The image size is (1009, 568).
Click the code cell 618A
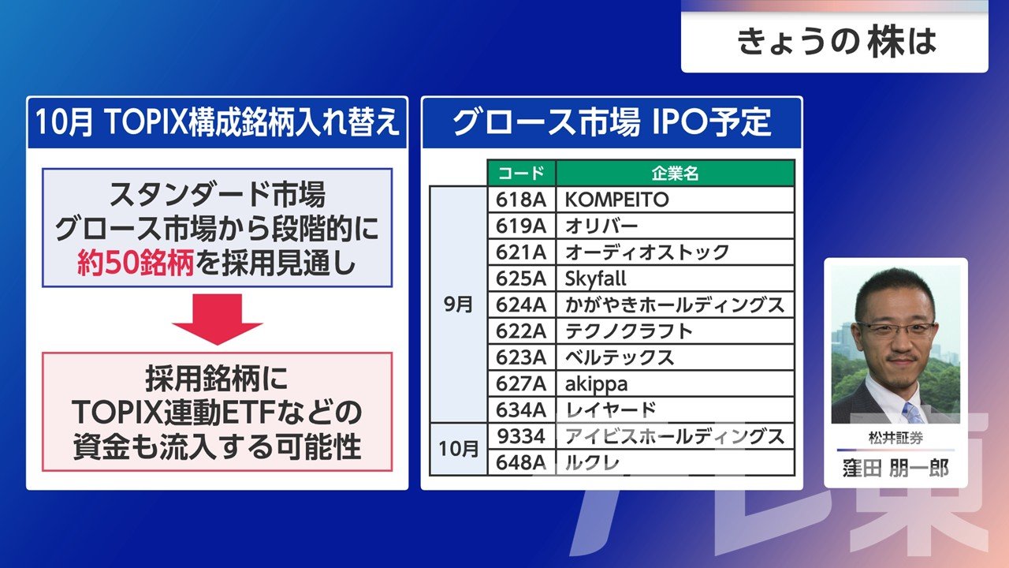522,200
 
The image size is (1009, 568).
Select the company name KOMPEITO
617,200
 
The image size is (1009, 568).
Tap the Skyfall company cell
676,278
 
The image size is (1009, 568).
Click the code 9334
522,436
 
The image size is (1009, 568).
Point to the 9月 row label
458,305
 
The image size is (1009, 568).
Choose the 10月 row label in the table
458,449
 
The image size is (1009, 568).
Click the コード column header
522,173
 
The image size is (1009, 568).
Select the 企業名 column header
676,173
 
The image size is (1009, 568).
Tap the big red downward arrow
218,319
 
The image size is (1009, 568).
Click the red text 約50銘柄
136,263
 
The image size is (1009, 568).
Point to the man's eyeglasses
895,329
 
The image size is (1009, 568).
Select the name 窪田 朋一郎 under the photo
895,469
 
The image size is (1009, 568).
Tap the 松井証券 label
895,438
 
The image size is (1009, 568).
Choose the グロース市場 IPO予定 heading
611,122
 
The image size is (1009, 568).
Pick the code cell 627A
522,384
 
